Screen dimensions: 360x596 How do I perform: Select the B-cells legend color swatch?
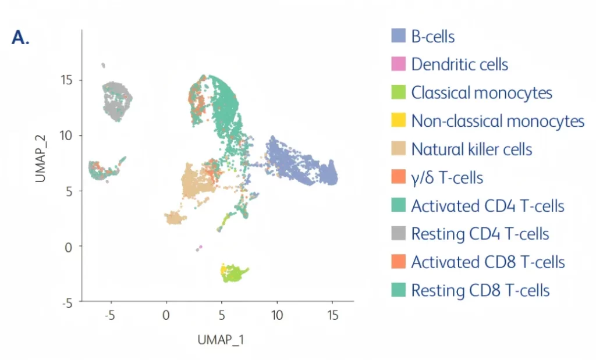point(398,36)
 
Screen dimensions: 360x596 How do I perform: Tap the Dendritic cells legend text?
point(459,64)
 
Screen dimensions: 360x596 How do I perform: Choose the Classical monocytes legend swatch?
point(398,92)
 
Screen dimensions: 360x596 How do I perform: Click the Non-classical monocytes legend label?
point(498,121)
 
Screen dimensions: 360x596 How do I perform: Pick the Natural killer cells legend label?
point(471,149)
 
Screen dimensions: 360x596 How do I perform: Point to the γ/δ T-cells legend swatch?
point(398,177)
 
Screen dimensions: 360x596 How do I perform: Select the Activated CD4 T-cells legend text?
point(488,205)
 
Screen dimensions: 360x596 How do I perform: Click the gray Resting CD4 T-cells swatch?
point(398,234)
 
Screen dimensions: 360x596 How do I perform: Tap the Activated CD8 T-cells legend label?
point(488,262)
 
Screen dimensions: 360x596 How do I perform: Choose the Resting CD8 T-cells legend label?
point(480,290)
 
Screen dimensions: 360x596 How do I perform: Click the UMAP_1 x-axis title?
point(221,339)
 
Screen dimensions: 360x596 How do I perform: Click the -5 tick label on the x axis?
point(110,316)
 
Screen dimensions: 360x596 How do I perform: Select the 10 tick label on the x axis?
point(277,316)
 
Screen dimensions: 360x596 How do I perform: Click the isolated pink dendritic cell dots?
point(199,248)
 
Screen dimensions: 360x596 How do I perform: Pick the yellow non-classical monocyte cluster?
point(223,270)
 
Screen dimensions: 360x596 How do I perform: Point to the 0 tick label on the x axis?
point(166,316)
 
